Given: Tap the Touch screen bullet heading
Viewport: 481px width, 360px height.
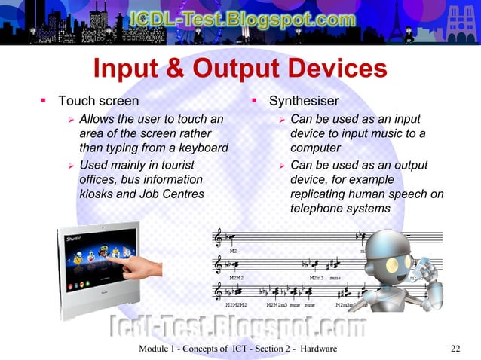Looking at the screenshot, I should click(98, 100).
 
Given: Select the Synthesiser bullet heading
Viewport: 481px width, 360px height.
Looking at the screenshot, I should click(304, 100).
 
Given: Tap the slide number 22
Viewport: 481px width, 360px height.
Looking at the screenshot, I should click(454, 348).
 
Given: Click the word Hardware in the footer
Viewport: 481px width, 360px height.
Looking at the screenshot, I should click(317, 348).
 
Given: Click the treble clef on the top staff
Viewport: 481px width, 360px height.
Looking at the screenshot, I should click(219, 238).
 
